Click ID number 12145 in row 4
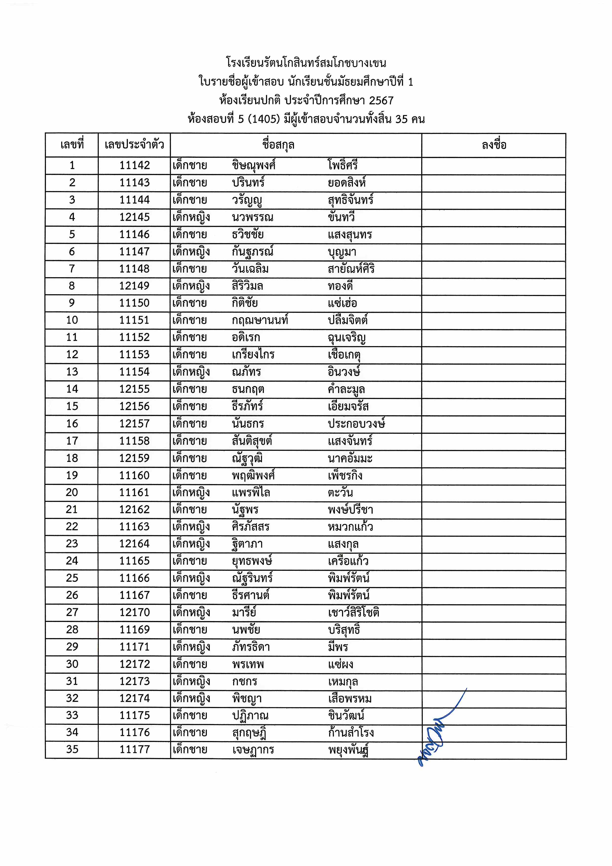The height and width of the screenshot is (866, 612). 135,217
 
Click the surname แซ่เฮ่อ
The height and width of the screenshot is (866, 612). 342,303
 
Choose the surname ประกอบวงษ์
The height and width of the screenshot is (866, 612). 356,424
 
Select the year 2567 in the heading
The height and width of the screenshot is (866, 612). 381,101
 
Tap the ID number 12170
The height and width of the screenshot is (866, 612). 135,612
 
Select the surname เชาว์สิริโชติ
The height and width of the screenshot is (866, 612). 353,612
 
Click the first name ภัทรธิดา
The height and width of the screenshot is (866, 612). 251,647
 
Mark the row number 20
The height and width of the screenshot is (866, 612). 72,492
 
